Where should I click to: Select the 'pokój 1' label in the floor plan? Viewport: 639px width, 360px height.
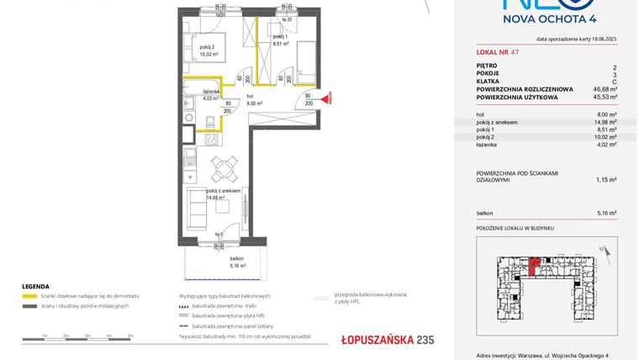point(279,37)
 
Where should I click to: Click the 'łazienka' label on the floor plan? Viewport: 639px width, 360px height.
point(211,91)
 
